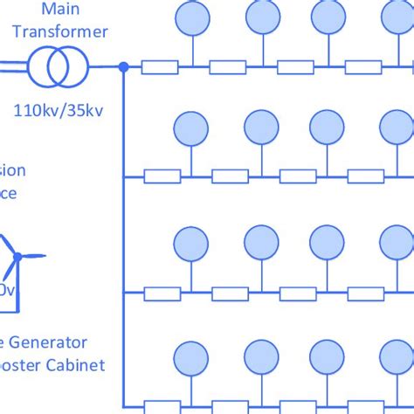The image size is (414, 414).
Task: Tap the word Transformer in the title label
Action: [x=61, y=31]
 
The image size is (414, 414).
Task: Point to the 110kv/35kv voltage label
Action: [x=60, y=111]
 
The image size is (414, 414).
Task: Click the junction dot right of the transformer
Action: [x=123, y=66]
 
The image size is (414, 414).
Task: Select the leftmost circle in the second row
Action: [x=191, y=128]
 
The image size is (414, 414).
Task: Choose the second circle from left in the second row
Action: [x=260, y=128]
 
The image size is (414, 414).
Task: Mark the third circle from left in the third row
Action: [x=328, y=242]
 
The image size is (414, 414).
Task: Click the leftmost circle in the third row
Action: [x=191, y=242]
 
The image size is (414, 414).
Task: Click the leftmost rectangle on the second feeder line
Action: [x=162, y=177]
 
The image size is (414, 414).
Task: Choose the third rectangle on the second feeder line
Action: [x=295, y=177]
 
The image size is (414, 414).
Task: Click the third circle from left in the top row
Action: [x=328, y=16]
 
